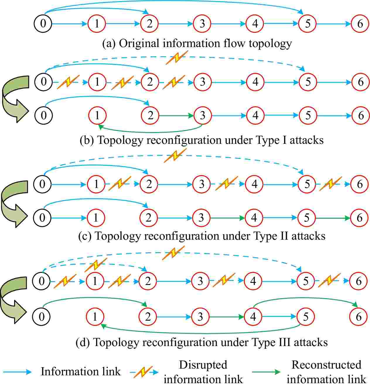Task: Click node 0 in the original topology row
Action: [43, 23]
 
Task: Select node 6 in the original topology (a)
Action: [360, 23]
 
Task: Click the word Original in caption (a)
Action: [139, 44]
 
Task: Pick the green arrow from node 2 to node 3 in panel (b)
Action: [176, 116]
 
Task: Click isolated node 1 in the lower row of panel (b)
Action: [97, 115]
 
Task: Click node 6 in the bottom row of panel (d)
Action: [359, 316]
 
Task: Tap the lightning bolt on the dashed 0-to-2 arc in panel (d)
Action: [96, 265]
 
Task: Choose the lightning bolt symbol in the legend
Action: [142, 372]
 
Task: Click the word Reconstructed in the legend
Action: [326, 365]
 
